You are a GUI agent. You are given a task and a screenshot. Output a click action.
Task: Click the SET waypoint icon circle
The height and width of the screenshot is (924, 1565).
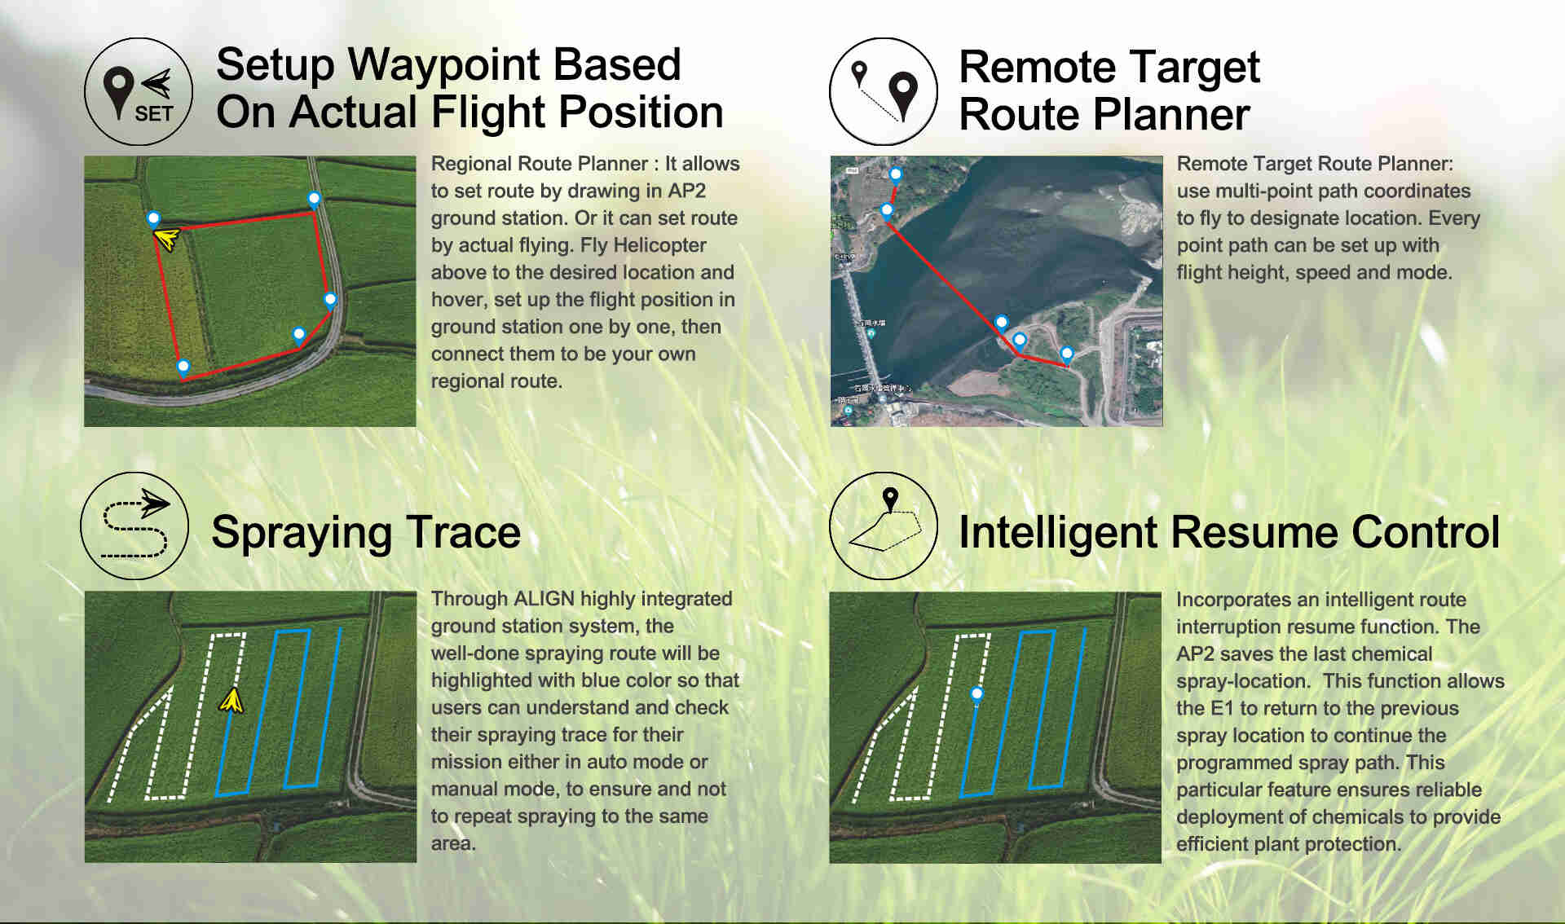(x=139, y=91)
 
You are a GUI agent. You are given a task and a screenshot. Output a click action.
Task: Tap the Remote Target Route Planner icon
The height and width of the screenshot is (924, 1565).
(x=884, y=91)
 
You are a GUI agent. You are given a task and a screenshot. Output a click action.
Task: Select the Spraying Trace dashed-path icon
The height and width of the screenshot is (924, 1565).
(x=134, y=526)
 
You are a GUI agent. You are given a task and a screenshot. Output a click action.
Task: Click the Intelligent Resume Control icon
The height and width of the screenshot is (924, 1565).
(x=884, y=526)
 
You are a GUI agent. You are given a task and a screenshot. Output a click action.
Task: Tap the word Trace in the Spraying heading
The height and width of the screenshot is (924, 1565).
(x=463, y=532)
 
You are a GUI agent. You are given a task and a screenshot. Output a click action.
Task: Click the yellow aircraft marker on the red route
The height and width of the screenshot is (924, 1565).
(x=166, y=239)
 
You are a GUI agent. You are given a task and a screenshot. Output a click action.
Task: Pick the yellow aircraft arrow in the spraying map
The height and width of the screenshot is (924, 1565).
(x=231, y=700)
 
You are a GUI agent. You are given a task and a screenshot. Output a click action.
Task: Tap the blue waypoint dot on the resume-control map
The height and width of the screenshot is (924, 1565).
(x=976, y=694)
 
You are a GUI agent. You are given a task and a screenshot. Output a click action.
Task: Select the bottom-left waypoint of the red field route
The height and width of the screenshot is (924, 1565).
(x=183, y=367)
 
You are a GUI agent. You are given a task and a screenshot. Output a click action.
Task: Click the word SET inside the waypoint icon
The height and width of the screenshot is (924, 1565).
(x=154, y=114)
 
